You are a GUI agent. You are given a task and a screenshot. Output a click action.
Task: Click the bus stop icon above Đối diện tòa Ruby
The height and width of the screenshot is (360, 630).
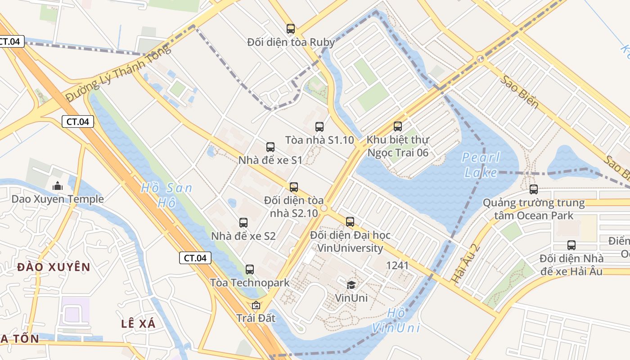point(291,29)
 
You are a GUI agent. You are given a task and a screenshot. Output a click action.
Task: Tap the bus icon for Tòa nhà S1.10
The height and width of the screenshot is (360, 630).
point(319,127)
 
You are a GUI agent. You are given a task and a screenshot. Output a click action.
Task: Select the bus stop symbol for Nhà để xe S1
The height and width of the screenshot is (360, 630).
point(270,147)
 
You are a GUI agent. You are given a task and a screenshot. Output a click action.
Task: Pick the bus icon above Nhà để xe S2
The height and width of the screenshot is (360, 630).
point(243,222)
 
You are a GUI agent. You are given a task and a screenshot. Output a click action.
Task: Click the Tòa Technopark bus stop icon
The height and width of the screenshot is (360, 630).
point(250,270)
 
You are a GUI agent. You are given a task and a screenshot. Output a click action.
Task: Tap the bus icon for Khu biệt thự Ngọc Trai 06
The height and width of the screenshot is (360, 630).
point(398,126)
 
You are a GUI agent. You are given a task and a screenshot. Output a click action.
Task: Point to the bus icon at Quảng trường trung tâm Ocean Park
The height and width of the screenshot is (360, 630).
point(534,189)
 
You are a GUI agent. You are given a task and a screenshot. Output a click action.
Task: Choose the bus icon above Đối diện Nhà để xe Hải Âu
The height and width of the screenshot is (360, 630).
point(571,245)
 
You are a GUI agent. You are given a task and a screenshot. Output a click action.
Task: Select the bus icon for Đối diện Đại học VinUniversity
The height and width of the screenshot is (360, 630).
point(350,221)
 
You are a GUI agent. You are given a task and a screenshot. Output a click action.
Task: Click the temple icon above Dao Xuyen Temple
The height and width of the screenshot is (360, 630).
point(58,186)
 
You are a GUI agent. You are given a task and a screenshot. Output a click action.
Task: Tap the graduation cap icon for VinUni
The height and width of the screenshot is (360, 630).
point(351,284)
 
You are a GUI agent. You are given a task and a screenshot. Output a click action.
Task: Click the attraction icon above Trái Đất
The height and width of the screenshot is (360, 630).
point(256,305)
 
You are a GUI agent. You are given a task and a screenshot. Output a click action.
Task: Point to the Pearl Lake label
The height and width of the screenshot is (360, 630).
point(481,165)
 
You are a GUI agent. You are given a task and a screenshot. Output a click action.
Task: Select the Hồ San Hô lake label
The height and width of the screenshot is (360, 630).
point(166,195)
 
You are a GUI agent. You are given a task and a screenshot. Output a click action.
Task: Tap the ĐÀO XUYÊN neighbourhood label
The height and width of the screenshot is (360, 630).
point(54,267)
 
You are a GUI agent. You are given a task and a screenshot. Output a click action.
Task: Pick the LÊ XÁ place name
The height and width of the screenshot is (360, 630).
point(138,324)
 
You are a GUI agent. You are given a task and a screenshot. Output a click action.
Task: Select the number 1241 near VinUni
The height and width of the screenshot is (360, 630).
point(397,265)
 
